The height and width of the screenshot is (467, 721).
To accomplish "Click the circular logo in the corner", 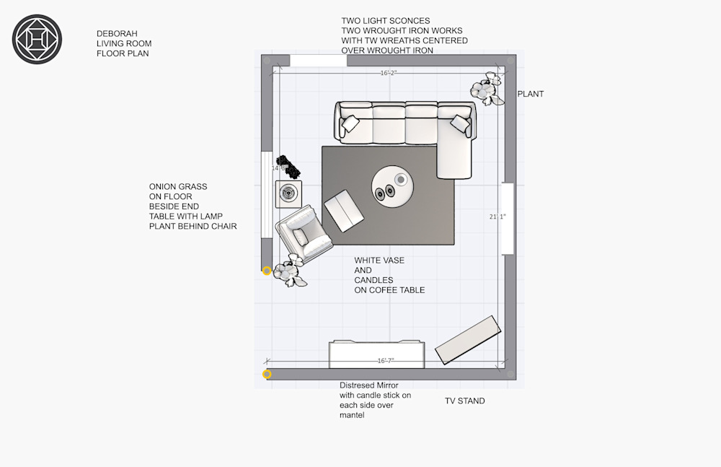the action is click(37, 39).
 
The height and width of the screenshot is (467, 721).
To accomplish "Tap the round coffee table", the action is click(392, 187).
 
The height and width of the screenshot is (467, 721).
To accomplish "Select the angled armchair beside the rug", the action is click(304, 232).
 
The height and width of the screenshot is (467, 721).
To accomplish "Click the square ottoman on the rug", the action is click(344, 211).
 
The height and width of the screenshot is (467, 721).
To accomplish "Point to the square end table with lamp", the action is click(288, 194).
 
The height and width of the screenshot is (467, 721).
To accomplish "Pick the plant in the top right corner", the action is click(487, 89).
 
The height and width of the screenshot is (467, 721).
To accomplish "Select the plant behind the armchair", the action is click(290, 271).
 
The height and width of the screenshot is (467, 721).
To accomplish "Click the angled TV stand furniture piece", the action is click(468, 340).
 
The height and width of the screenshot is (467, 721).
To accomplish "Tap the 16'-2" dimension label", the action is click(389, 73).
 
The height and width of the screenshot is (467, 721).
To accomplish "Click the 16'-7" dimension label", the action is click(386, 361).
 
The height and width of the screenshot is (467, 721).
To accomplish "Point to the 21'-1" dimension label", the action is click(497, 217).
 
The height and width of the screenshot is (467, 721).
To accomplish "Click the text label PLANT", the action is click(531, 94).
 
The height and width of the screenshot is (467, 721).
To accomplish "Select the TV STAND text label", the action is click(464, 401).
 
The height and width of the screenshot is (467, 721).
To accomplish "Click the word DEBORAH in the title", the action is click(117, 34).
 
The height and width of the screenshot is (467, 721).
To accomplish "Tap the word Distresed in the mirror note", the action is click(356, 385).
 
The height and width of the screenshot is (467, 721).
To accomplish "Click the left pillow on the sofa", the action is click(350, 123).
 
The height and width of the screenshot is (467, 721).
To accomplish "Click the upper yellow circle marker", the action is click(267, 271).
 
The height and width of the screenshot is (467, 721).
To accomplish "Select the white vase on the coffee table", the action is click(401, 179).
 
